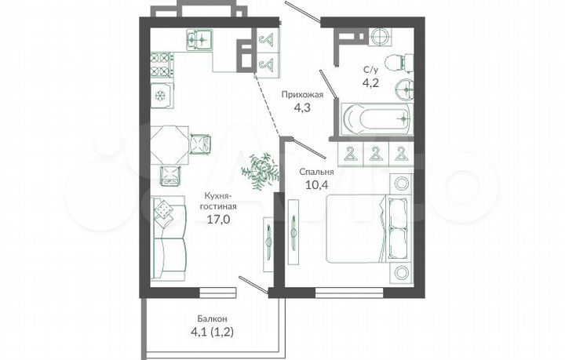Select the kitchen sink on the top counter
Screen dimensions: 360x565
pos(201,37)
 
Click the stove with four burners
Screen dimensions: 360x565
pos(162,64)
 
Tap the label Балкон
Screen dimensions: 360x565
pos(212,319)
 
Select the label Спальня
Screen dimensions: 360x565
pos(317,170)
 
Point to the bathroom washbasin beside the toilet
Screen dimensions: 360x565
pos(405,89)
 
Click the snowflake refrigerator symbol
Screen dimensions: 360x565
pos(161,95)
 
